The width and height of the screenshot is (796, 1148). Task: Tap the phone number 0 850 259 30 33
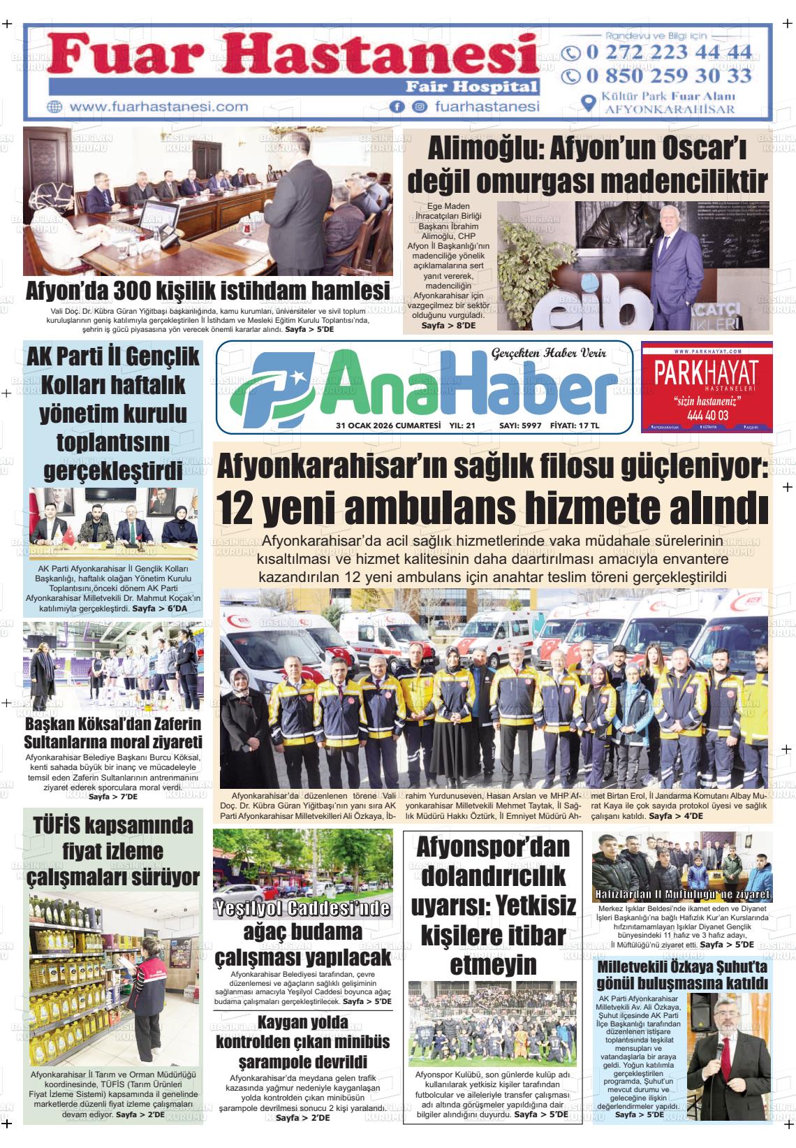click(x=669, y=75)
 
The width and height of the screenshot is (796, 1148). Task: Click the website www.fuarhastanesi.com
click(x=159, y=107)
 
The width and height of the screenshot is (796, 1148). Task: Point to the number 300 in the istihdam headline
click(x=135, y=290)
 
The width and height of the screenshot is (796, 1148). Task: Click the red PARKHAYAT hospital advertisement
click(x=707, y=386)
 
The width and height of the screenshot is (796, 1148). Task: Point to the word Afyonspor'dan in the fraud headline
click(x=493, y=846)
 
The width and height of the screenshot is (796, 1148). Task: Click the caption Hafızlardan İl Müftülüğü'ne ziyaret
click(x=682, y=894)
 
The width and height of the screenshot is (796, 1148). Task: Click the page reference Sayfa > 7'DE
click(x=113, y=797)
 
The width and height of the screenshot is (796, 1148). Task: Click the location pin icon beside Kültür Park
click(x=589, y=103)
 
